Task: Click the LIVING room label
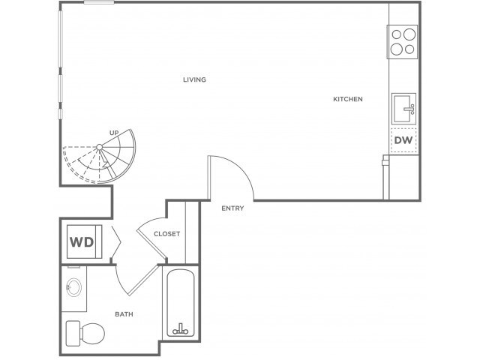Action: point(195,79)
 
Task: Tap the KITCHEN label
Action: point(348,99)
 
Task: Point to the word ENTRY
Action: point(232,208)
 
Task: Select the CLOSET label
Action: point(166,234)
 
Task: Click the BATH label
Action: point(124,314)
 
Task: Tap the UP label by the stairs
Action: point(114,133)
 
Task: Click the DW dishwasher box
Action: point(403,140)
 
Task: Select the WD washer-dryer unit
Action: point(85,241)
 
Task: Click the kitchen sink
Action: point(403,109)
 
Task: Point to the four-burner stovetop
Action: point(403,42)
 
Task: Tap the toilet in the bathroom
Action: point(85,333)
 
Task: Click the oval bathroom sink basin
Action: point(73,286)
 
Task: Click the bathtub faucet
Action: point(180,329)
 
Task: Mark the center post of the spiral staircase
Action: point(100,147)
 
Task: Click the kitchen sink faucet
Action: point(409,109)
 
